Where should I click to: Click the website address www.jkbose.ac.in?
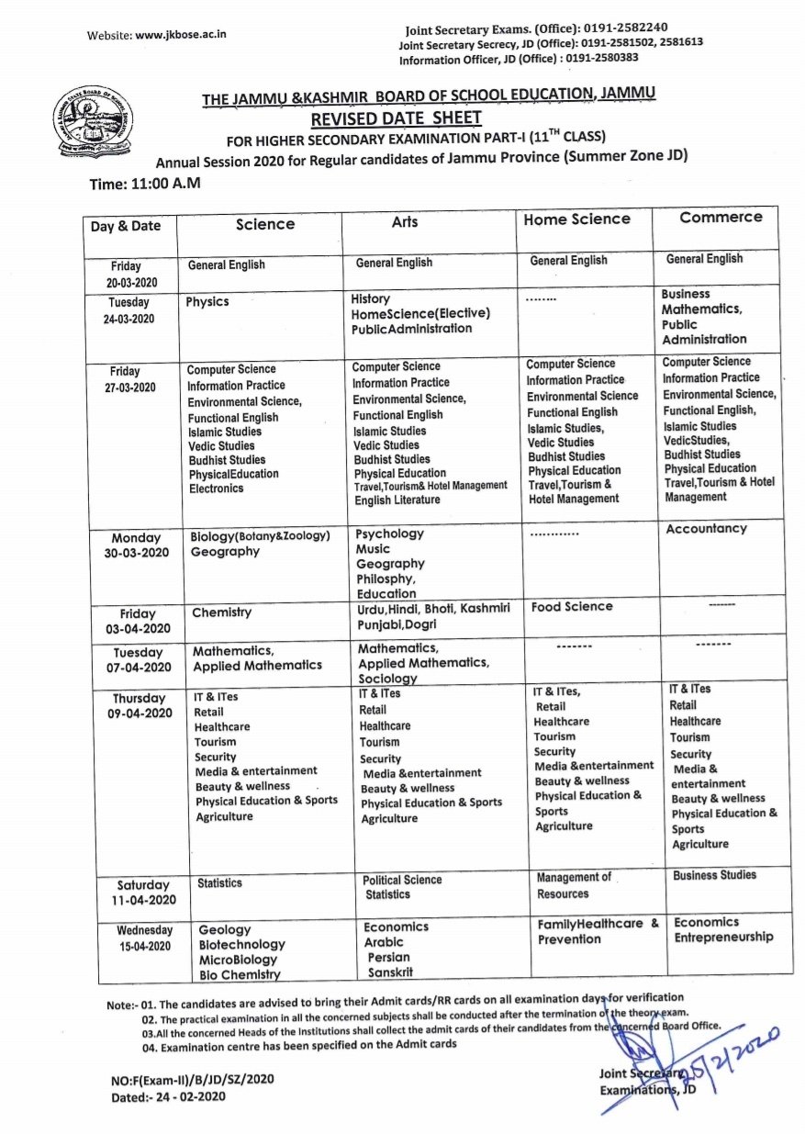181,35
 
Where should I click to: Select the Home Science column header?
576,219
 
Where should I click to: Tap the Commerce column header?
721,218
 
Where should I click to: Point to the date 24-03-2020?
131,320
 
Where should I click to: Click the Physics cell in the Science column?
207,302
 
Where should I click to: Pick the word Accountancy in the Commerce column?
706,529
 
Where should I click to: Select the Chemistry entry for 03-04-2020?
221,612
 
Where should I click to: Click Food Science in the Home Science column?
572,607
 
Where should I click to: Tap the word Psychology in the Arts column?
390,533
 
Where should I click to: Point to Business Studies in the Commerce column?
714,875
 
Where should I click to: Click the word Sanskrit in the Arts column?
390,972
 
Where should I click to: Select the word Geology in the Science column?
224,930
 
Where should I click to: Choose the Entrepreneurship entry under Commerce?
723,938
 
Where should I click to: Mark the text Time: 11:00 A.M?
145,185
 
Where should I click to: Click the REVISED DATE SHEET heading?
396,118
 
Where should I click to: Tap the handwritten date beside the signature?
734,1046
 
